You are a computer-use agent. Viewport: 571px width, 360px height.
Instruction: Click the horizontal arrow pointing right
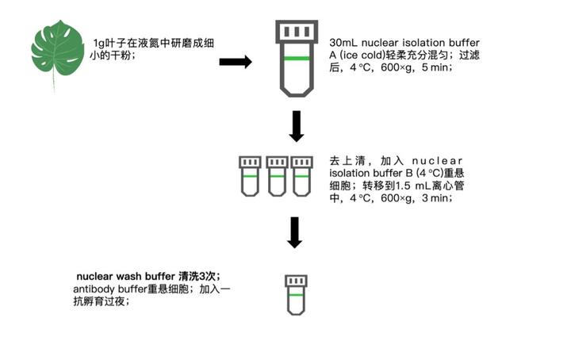pyautogui.click(x=235, y=62)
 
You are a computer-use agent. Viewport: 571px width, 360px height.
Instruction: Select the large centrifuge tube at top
pyautogui.click(x=296, y=59)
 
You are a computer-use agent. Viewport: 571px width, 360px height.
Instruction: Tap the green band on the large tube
pyautogui.click(x=296, y=60)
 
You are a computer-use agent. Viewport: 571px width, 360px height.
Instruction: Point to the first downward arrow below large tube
pyautogui.click(x=296, y=126)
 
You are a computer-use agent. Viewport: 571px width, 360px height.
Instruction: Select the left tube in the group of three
pyautogui.click(x=251, y=175)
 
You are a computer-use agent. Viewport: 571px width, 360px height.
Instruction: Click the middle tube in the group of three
pyautogui.click(x=276, y=175)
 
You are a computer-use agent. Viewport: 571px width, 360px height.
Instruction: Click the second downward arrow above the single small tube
pyautogui.click(x=296, y=232)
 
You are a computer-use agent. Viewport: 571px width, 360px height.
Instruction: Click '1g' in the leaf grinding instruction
pyautogui.click(x=99, y=41)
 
